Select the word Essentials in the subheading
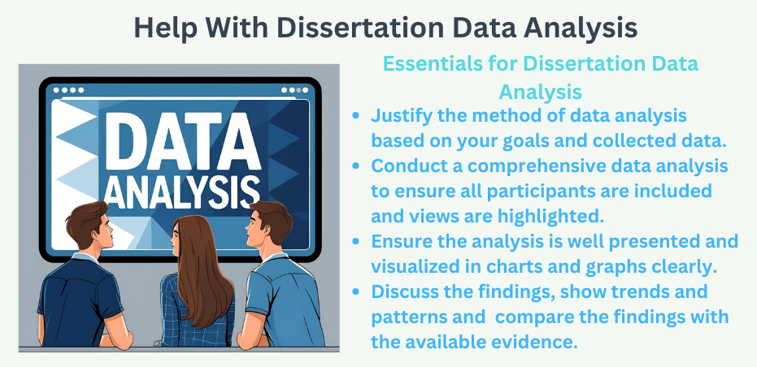pos(430,64)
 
